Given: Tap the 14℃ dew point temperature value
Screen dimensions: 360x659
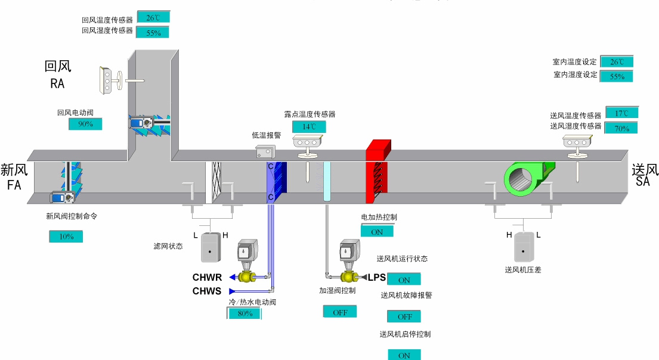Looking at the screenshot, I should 309,127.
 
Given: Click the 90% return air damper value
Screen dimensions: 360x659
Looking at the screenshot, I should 85,124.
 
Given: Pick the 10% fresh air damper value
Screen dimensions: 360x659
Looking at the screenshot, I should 66,237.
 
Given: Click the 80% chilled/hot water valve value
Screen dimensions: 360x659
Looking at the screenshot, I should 245,314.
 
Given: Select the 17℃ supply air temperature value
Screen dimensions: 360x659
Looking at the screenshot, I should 621,113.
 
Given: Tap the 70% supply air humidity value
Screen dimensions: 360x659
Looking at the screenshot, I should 621,128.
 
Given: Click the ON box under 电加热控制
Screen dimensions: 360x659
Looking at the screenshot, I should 377,232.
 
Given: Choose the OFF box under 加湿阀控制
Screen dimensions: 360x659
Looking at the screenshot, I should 340,312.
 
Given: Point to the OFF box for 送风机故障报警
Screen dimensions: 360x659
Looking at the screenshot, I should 404,316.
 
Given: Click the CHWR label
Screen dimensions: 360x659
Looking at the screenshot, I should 207,278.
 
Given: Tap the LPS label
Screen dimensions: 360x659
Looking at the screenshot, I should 377,277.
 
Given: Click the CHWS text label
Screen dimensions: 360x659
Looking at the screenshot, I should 207,291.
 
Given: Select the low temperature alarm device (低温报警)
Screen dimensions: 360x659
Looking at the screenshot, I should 265,151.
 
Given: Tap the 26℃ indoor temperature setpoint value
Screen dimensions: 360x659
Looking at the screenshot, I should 616,62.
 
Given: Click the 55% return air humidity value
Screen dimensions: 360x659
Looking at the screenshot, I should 153,33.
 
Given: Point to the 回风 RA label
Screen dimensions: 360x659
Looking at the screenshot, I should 57,75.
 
